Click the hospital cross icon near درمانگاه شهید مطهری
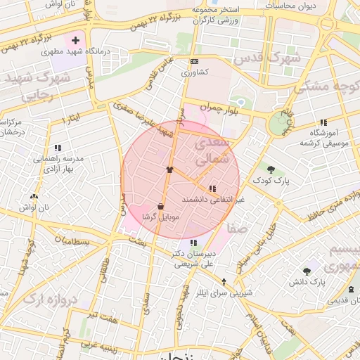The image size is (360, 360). (x=75, y=41)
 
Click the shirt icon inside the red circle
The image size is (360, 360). (x=169, y=169)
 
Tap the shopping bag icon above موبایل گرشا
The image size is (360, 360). (x=162, y=207)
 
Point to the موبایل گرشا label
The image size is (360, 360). (x=161, y=217)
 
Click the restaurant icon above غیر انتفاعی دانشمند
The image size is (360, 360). (x=212, y=188)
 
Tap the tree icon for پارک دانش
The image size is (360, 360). (x=307, y=271)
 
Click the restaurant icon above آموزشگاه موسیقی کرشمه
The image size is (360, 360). (x=323, y=122)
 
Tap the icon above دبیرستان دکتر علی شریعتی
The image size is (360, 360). (x=193, y=243)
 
